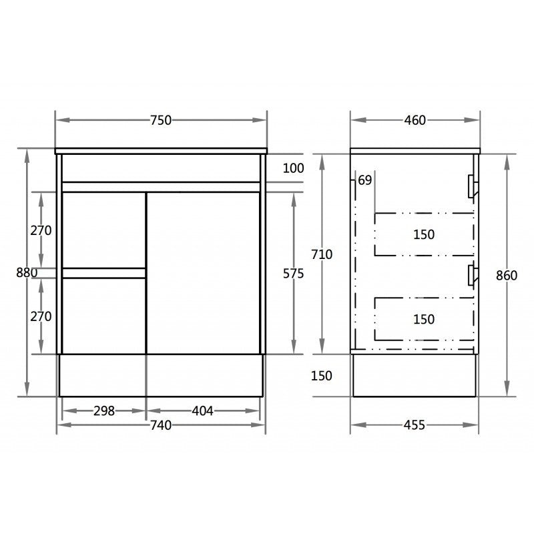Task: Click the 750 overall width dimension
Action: click(x=161, y=120)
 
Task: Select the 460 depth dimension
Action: click(x=415, y=120)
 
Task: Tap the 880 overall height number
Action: click(x=27, y=272)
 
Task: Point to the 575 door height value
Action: click(x=294, y=274)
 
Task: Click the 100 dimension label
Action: click(x=293, y=168)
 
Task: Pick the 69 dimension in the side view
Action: click(x=365, y=180)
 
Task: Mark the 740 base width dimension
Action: click(x=160, y=425)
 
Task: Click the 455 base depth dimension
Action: click(x=414, y=425)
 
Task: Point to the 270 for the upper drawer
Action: click(x=41, y=230)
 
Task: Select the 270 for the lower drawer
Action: click(x=41, y=316)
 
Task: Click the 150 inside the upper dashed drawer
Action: click(x=423, y=234)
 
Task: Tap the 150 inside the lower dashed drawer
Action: click(x=423, y=319)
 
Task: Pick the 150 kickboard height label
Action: click(x=321, y=376)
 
